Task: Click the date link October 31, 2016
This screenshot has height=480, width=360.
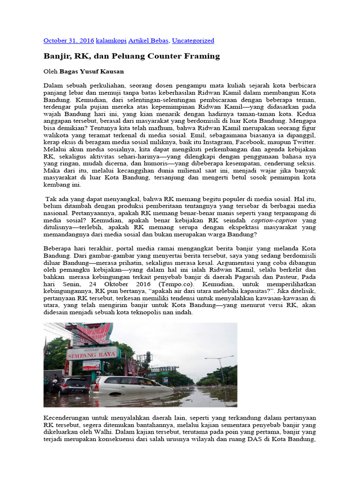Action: tap(68, 41)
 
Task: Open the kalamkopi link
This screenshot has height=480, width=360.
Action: tap(111, 41)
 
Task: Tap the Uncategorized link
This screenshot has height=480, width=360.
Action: tap(193, 41)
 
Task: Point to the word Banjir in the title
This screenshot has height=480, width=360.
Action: tap(54, 56)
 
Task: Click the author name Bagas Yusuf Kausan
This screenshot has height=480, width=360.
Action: tap(91, 72)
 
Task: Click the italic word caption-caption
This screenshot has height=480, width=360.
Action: tap(274, 220)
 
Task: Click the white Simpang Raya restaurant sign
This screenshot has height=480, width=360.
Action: tap(91, 352)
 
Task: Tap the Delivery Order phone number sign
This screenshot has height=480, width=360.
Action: tap(91, 365)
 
